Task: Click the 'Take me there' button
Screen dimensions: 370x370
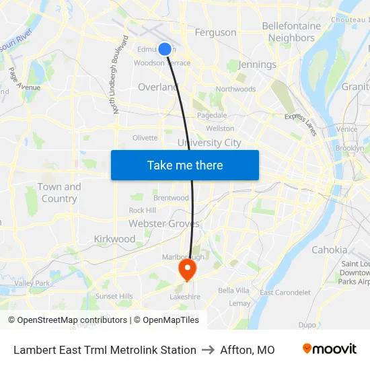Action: [x=185, y=165]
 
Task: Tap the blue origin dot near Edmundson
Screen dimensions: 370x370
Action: [x=165, y=48]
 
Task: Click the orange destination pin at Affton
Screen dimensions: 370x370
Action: [x=186, y=270]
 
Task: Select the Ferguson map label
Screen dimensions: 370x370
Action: [x=215, y=32]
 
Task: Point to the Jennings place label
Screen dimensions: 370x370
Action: [x=258, y=65]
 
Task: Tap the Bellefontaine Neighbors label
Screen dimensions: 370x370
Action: [x=291, y=32]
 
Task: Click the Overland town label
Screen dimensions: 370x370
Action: [x=157, y=87]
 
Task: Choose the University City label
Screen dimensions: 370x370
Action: [x=209, y=143]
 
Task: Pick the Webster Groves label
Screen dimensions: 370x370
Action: [x=163, y=223]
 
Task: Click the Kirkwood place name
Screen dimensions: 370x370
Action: [x=114, y=239]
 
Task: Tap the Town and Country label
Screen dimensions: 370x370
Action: [x=59, y=192]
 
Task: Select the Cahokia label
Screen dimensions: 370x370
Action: [x=330, y=250]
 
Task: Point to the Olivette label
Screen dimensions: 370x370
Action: [x=145, y=138]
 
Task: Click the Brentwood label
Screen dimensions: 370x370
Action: [x=171, y=198]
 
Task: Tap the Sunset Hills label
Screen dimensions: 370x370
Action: [x=114, y=296]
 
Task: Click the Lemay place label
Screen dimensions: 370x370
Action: [x=239, y=303]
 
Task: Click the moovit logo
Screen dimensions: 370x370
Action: [x=330, y=349]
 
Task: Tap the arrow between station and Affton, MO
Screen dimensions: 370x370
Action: [x=209, y=350]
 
